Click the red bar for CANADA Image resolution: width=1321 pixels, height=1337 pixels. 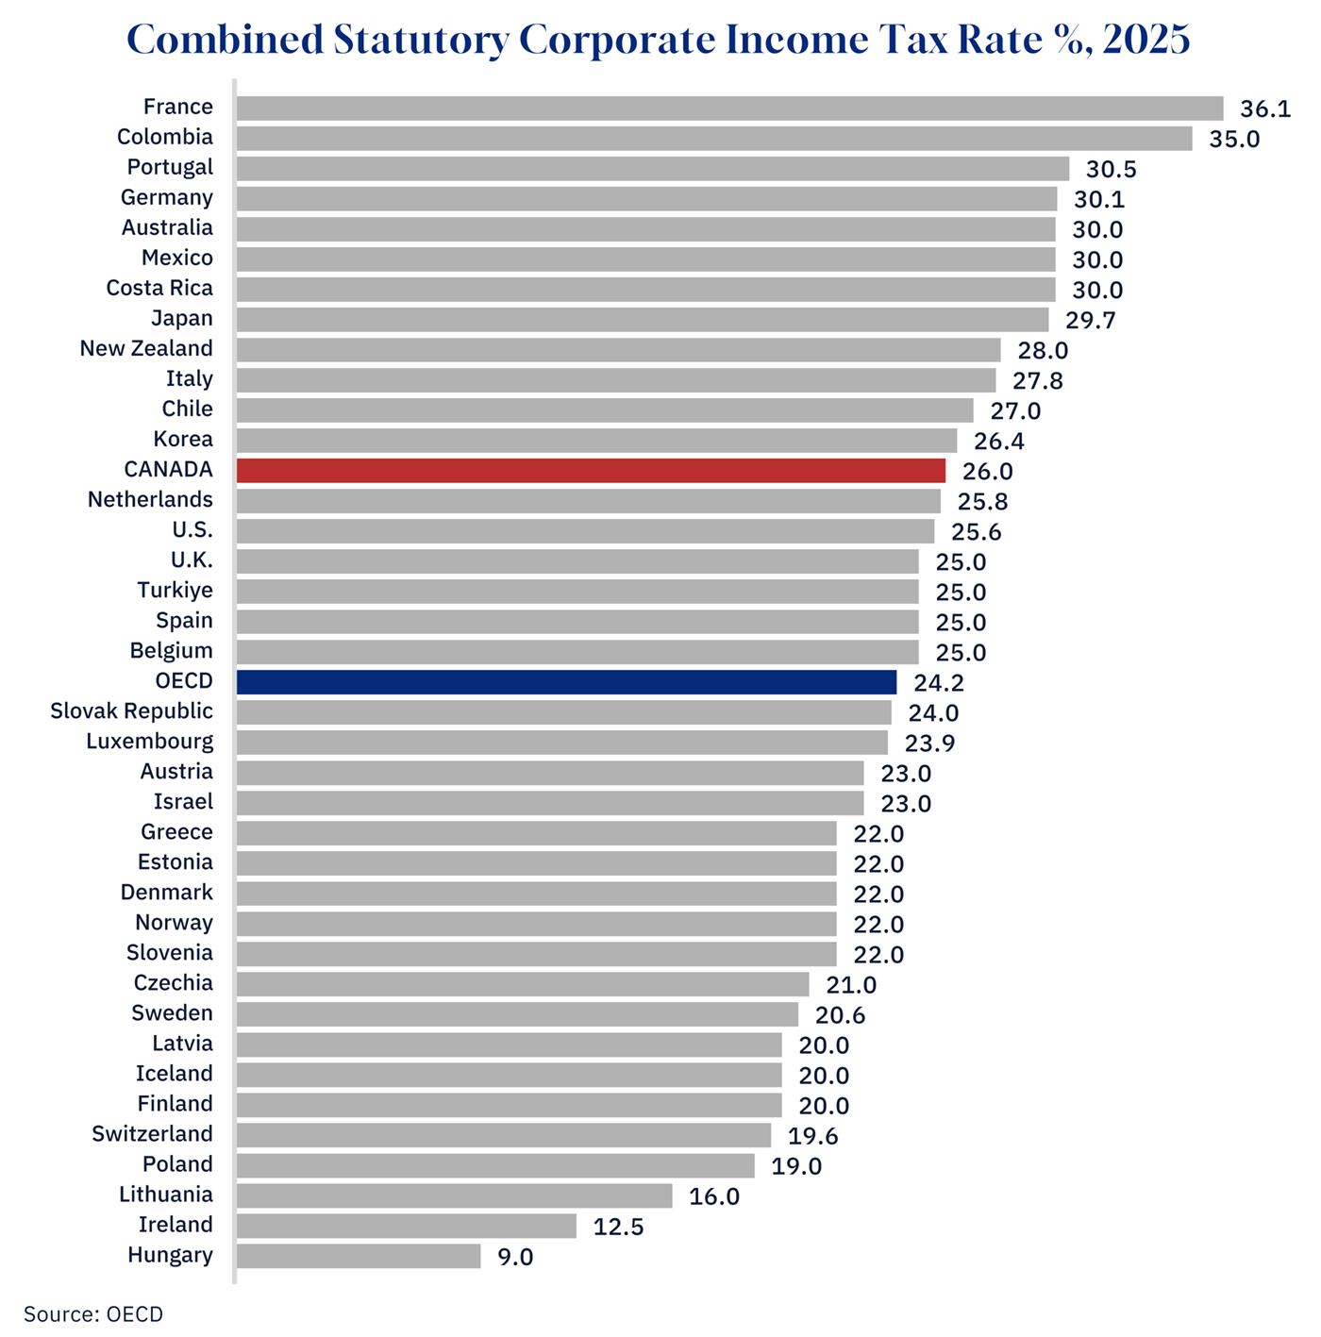coord(591,471)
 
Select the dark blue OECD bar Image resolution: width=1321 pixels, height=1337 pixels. coord(566,682)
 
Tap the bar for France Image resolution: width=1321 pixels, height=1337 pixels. coord(729,109)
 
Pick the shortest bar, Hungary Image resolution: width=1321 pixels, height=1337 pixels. coord(359,1256)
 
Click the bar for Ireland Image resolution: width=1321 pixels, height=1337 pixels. coord(407,1226)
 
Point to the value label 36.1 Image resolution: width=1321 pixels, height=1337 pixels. coord(1264,109)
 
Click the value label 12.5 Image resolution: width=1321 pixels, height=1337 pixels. coord(618,1227)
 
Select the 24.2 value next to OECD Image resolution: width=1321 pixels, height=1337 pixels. coord(939,683)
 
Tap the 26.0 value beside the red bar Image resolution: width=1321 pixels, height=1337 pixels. coord(987,472)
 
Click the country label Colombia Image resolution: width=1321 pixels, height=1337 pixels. coord(165,138)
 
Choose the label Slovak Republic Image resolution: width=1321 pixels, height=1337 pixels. coord(132,711)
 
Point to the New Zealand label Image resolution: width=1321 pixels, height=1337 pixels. coord(146,349)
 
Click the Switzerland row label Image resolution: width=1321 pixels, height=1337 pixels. coord(152,1134)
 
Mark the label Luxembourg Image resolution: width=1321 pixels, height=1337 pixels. coord(150,742)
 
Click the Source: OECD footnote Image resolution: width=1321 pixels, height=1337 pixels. coord(93,1314)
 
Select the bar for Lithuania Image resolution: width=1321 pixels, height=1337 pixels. coord(454,1196)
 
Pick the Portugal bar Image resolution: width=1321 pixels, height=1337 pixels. coord(653,169)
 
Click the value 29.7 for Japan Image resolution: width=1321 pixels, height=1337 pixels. coord(1091,321)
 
